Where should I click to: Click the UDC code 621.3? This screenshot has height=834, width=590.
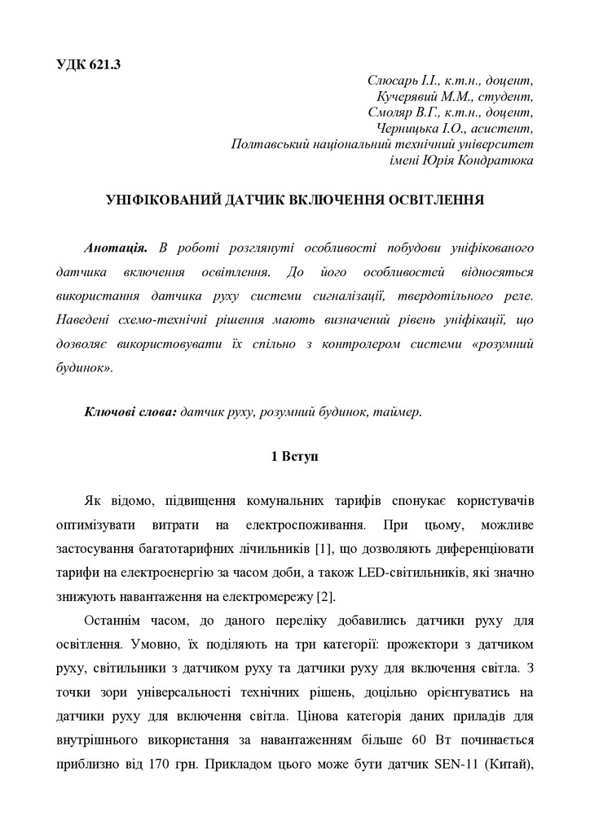click(x=104, y=64)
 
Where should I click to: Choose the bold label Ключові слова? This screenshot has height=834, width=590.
click(x=130, y=413)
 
